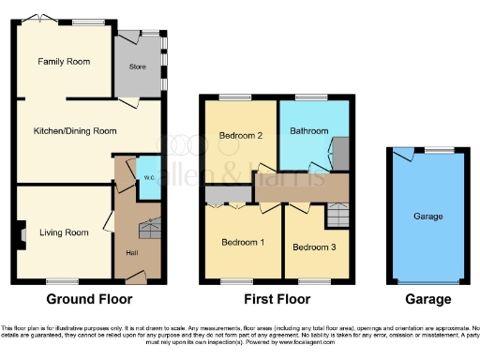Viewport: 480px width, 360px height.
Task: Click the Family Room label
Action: coord(64,62)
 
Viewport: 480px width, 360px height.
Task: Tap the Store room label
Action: coord(137,67)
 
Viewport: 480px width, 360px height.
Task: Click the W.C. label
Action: coord(149,177)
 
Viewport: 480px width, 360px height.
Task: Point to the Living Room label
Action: coord(64,232)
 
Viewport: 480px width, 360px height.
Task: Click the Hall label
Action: coord(132,251)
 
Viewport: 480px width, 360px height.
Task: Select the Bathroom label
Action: coord(307,130)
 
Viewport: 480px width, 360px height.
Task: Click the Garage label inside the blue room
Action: coord(427,216)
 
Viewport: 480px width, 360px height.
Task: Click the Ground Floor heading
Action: coord(89,300)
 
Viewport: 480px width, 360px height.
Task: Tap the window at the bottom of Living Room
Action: coord(62,280)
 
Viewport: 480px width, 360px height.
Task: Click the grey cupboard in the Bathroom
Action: coord(340,151)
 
